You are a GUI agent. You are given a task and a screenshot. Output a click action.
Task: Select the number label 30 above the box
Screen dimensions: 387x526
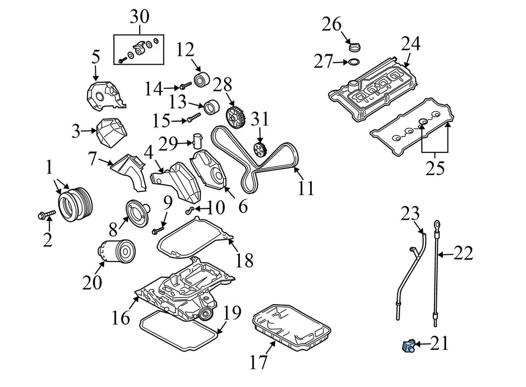click(139, 17)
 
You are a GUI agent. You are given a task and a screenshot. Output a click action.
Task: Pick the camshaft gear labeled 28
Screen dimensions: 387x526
click(235, 116)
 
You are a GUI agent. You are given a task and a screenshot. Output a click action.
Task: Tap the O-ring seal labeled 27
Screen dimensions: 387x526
click(355, 62)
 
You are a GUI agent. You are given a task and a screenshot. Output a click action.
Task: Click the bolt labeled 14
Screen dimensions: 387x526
click(185, 86)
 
